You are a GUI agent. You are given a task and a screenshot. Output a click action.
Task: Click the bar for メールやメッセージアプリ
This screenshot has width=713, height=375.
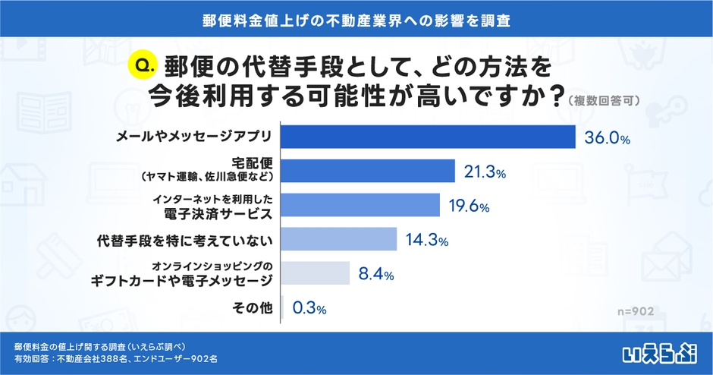tap(429, 137)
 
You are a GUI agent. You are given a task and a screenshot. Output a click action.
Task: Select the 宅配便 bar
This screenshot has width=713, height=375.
tap(368, 172)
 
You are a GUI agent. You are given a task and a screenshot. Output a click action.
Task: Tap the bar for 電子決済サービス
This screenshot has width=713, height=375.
tap(361, 205)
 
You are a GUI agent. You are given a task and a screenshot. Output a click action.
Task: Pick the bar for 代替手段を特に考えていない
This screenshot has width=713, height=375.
tap(340, 240)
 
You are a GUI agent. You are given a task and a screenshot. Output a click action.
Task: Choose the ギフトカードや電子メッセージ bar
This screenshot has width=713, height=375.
tap(316, 273)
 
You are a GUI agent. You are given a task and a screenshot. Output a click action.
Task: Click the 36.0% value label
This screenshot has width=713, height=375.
tap(608, 138)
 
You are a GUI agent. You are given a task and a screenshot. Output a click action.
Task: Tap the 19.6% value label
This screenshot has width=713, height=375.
tap(469, 206)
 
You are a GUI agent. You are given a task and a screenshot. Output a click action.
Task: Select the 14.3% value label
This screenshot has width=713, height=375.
tap(426, 241)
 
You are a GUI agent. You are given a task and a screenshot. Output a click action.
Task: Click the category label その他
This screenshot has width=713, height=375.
tap(251, 308)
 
